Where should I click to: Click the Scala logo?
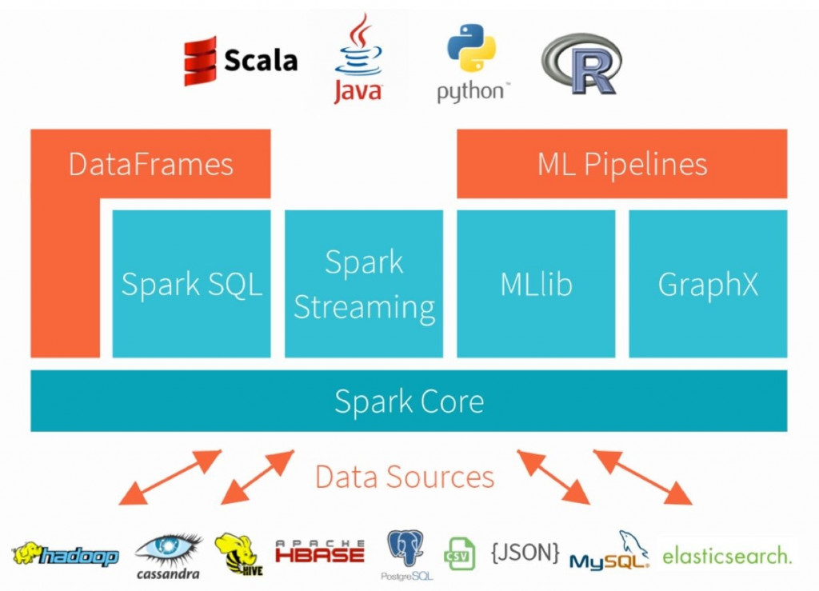(x=240, y=61)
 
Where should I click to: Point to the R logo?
(x=581, y=64)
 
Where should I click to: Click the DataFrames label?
(x=150, y=164)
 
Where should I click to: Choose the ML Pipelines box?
(x=621, y=164)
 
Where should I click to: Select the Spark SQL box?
(x=191, y=284)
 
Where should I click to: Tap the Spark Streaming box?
(x=364, y=284)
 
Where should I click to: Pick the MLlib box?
(x=536, y=284)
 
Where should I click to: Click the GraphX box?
(x=708, y=284)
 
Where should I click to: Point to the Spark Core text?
(x=409, y=401)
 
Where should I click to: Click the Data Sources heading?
(x=404, y=477)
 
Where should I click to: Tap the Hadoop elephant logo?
(x=64, y=554)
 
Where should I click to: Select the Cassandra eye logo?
(x=168, y=553)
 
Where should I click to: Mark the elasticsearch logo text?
(x=726, y=555)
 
